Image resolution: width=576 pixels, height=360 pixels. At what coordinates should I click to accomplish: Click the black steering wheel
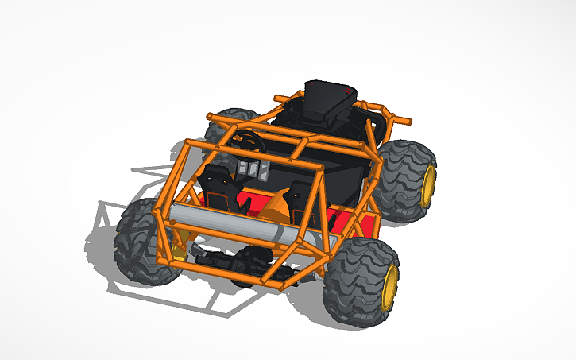[248, 141]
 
